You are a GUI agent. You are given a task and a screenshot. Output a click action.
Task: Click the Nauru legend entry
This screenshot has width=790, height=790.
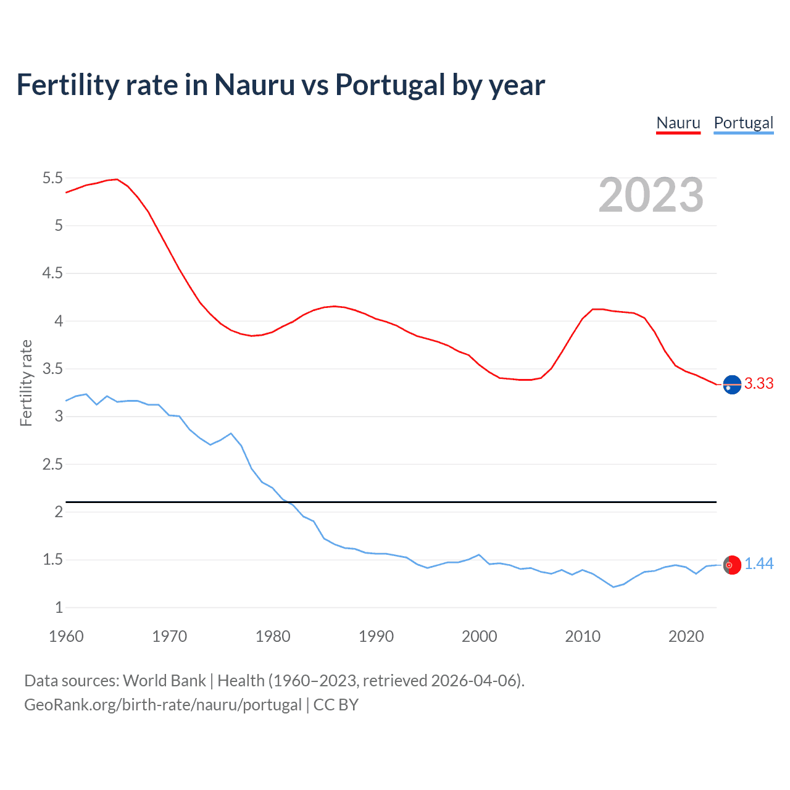tap(678, 123)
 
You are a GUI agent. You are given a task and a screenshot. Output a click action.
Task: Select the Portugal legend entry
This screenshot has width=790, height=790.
tap(743, 123)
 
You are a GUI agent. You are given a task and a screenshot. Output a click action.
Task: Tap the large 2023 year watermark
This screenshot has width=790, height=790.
tap(651, 195)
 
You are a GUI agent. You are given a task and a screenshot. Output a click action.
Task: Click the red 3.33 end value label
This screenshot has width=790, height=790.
tap(759, 383)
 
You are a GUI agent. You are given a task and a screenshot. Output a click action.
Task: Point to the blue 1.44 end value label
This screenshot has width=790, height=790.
tap(759, 563)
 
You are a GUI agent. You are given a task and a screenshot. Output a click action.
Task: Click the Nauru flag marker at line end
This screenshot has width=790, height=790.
tap(732, 385)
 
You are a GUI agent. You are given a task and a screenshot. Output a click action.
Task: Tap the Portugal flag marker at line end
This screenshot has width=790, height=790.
tap(732, 565)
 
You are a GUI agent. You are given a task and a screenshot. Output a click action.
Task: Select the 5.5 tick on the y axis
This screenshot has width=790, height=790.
tap(52, 178)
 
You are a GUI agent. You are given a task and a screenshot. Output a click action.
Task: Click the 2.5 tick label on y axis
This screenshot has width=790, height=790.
tap(52, 464)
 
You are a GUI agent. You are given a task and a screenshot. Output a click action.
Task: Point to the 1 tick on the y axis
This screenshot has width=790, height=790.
tap(59, 607)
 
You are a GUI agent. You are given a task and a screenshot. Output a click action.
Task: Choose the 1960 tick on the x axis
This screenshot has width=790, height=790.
tap(66, 636)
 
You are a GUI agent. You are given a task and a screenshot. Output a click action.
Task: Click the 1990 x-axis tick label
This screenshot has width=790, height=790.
tap(376, 636)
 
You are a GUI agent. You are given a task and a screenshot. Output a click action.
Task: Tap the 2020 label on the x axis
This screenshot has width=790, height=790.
tap(686, 636)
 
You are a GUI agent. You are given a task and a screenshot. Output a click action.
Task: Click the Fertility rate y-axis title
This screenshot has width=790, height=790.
tap(26, 383)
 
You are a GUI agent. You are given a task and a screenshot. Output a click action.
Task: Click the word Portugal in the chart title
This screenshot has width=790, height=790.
tap(390, 85)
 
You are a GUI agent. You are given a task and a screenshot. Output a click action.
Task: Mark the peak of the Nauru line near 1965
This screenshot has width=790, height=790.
tap(117, 179)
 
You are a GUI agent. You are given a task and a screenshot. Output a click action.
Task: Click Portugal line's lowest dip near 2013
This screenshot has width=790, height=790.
tap(613, 587)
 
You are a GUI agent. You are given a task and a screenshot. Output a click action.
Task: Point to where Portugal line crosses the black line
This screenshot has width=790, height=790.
tap(288, 502)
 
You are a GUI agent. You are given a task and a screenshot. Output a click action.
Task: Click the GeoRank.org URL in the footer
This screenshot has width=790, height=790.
tap(163, 705)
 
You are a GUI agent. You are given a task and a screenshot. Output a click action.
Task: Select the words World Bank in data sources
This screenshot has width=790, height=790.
tap(164, 681)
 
